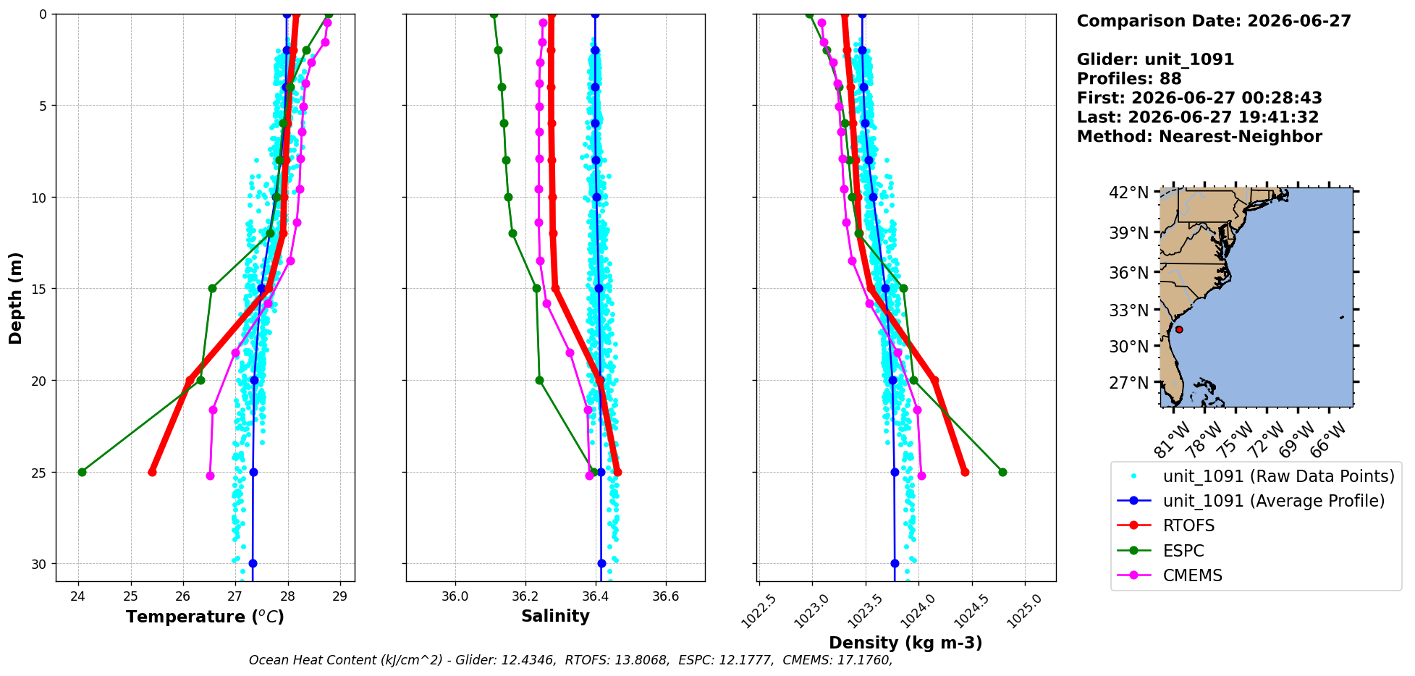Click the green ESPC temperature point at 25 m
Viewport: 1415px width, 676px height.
[x=82, y=472]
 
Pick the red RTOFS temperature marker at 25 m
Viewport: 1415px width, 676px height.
[x=152, y=472]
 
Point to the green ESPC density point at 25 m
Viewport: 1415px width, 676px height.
[x=1002, y=472]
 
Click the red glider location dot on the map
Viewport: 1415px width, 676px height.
[x=1179, y=329]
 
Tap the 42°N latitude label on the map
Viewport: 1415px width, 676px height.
[x=1129, y=193]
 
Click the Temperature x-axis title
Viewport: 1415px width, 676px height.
[x=205, y=617]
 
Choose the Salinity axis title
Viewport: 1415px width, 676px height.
[x=555, y=616]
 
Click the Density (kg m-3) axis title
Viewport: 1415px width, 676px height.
[x=905, y=643]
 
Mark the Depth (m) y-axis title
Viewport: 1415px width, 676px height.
[x=16, y=297]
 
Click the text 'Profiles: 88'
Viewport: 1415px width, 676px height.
[x=1129, y=79]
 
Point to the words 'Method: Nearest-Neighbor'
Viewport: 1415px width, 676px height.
[x=1199, y=137]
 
